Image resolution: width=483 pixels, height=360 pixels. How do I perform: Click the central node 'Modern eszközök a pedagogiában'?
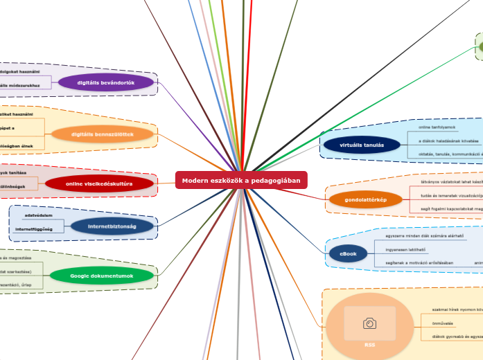241,180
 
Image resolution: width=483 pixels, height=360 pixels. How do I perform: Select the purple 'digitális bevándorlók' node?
105,82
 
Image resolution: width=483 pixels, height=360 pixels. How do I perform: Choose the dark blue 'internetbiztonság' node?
112,226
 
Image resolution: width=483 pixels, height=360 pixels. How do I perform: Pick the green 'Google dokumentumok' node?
101,276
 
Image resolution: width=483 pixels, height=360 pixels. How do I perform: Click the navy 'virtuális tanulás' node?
362,145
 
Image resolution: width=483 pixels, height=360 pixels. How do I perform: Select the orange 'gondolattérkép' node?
365,199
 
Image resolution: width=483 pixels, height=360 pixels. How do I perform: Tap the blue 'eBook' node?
348,254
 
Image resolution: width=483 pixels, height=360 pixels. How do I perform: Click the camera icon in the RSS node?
369,323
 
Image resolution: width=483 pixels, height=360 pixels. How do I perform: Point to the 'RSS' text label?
369,344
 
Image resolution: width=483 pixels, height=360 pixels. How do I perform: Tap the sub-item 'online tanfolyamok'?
437,127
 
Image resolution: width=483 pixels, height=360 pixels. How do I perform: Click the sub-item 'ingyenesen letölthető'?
405,249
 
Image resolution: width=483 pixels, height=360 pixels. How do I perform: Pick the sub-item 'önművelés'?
443,323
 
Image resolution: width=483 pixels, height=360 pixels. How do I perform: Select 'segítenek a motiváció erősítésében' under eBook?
419,262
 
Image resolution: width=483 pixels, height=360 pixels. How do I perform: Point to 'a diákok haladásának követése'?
449,141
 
